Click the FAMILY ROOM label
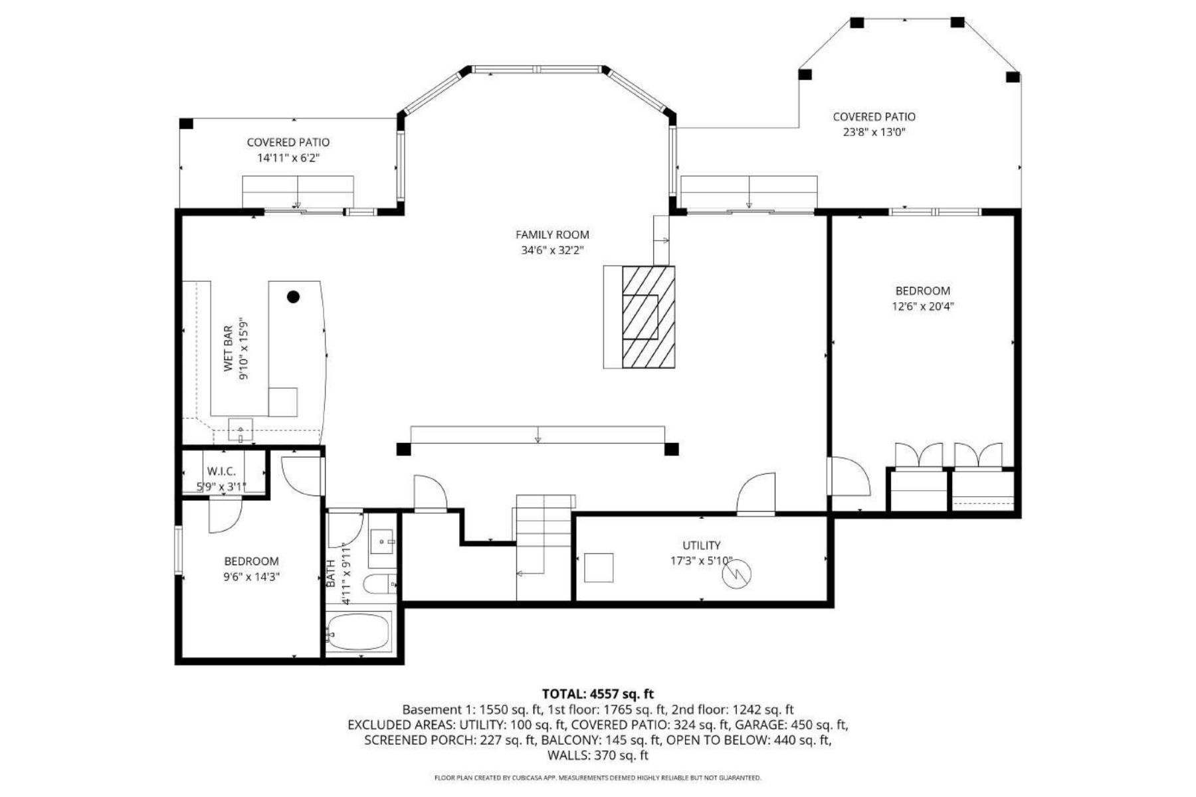click(x=552, y=234)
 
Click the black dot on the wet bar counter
click(x=293, y=297)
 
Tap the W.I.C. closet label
click(x=221, y=471)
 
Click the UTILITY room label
click(x=701, y=545)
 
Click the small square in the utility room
click(x=598, y=568)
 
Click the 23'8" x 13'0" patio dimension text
click(x=874, y=132)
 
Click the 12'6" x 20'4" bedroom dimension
click(x=922, y=307)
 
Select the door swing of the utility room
click(x=757, y=493)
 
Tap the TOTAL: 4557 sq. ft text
click(x=597, y=695)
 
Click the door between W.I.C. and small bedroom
click(x=225, y=515)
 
